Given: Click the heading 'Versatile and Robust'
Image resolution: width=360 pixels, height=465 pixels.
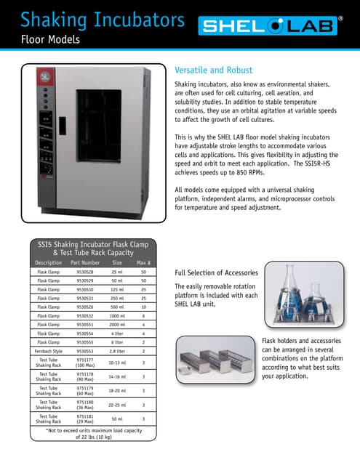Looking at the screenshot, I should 217,70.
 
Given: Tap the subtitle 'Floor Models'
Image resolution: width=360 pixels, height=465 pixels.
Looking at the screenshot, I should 50,39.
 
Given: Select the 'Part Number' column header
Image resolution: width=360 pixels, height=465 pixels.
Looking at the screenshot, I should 85,262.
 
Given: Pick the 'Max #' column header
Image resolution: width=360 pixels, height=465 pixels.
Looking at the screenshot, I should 143,262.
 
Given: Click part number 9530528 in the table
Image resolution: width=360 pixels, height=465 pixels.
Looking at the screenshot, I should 85,272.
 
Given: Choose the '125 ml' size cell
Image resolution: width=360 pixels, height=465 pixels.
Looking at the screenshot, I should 116,289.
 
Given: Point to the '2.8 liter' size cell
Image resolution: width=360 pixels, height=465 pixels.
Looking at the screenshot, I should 116,350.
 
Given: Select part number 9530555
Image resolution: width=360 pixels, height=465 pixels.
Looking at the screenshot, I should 85,341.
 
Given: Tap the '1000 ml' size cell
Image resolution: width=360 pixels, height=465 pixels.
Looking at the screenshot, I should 116,315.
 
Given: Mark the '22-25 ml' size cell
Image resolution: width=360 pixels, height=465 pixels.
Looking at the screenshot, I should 116,405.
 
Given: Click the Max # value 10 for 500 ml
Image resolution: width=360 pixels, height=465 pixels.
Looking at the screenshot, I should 143,307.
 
